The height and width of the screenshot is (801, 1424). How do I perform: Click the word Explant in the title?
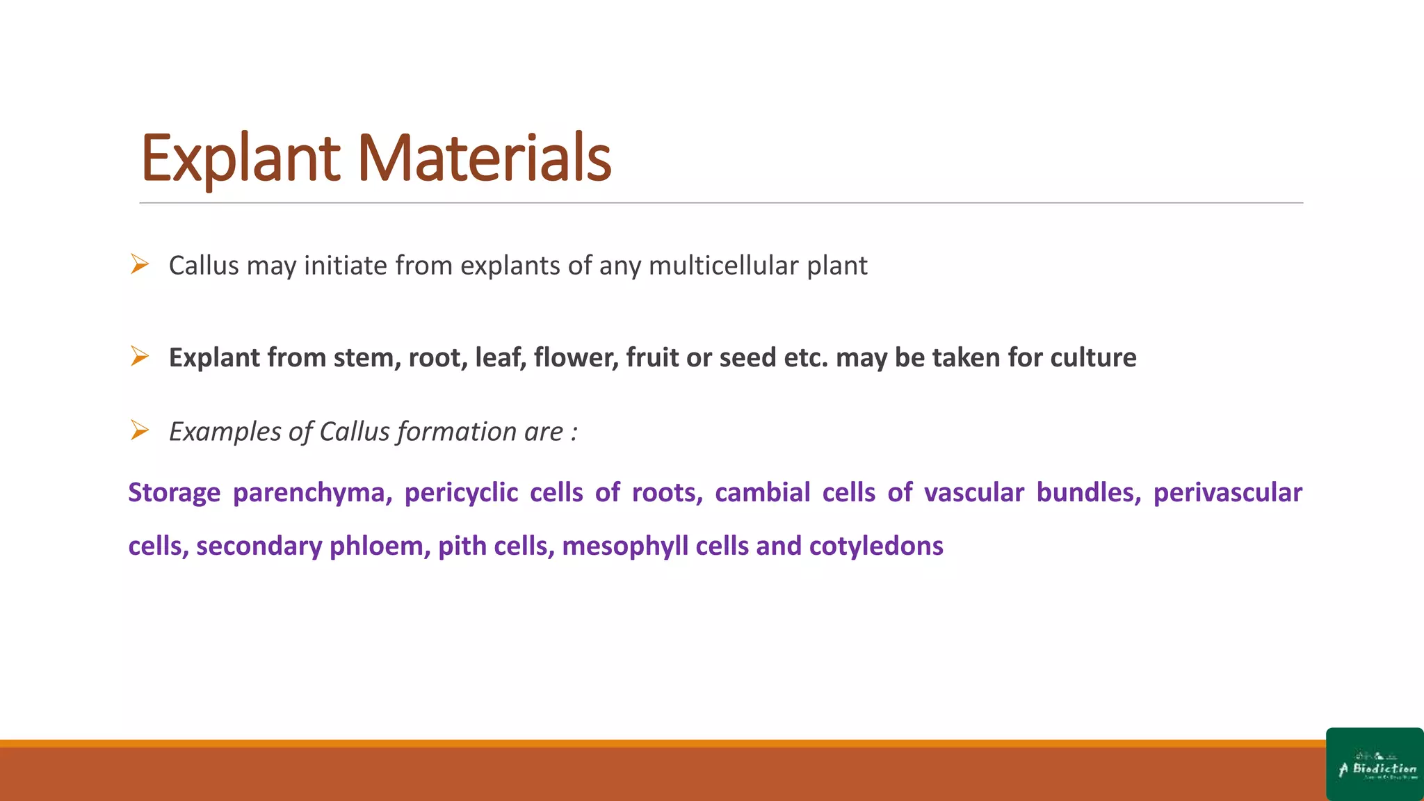240,159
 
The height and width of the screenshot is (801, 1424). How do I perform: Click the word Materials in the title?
484,159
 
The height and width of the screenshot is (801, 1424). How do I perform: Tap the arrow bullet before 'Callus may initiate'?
140,264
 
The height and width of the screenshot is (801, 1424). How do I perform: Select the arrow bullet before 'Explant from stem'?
140,357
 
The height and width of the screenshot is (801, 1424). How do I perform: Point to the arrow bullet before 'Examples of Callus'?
140,430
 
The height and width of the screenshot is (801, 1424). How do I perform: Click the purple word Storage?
175,492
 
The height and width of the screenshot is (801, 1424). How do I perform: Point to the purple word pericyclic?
461,492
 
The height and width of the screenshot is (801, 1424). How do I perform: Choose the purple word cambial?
762,492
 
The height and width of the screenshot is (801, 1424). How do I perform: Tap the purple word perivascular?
1227,492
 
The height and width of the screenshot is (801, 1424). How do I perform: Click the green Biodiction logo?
1375,764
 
